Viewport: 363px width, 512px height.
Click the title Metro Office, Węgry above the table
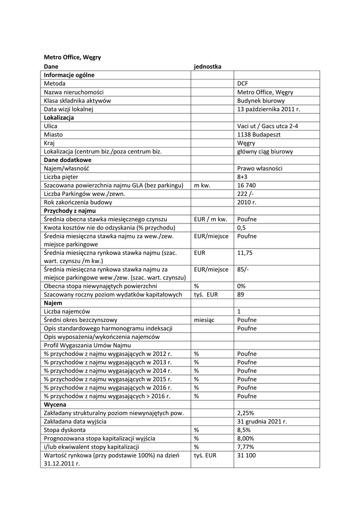(72, 57)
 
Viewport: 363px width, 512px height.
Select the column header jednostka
(207, 66)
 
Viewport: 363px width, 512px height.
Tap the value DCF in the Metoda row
(242, 83)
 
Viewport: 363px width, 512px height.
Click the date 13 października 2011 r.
(268, 109)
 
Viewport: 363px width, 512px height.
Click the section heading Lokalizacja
(59, 117)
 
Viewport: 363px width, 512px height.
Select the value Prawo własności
(260, 168)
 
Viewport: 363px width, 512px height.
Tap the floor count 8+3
(242, 177)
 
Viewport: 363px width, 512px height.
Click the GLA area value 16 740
(246, 185)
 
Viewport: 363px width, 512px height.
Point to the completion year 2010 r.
(246, 202)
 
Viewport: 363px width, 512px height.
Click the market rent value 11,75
(245, 253)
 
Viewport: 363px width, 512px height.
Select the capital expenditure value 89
(241, 294)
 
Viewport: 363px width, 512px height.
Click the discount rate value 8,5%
(243, 429)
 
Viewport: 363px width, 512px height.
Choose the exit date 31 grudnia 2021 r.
(262, 421)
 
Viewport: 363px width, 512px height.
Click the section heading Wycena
(55, 404)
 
